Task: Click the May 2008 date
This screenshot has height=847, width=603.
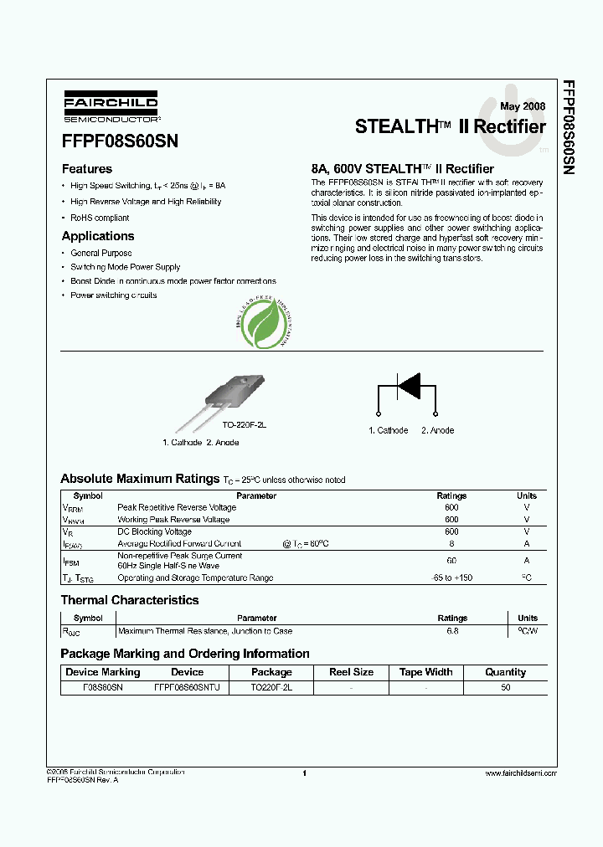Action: point(522,106)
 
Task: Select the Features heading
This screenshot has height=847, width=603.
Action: point(87,169)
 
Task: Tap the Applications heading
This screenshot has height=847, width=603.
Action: point(98,236)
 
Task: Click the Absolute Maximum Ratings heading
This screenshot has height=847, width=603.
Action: point(139,479)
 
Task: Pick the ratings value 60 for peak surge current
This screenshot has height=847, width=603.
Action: point(451,561)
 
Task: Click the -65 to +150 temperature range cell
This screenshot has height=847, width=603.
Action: point(451,578)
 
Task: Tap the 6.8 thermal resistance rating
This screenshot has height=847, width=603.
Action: point(452,631)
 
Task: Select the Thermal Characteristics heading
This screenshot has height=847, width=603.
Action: point(130,600)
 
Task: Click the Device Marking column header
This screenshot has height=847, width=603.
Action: point(103,672)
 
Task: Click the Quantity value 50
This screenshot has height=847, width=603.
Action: point(505,686)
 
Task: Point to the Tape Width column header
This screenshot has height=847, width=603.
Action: point(425,672)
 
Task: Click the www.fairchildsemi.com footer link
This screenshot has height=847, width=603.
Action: point(519,773)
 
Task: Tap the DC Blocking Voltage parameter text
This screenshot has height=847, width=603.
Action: point(154,531)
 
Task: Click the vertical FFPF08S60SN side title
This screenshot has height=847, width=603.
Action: point(569,126)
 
